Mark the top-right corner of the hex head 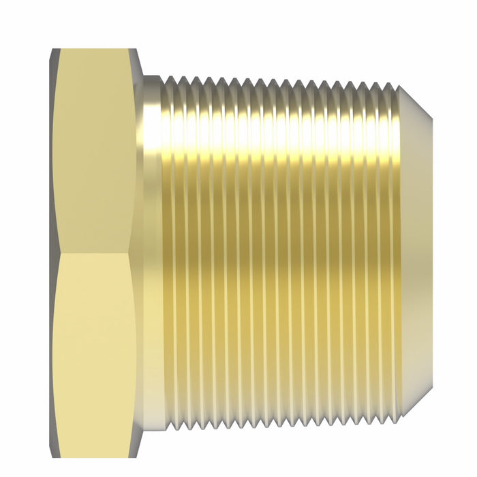pyautogui.click(x=137, y=49)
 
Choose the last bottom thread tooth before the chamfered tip pyautogui.click(x=393, y=395)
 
